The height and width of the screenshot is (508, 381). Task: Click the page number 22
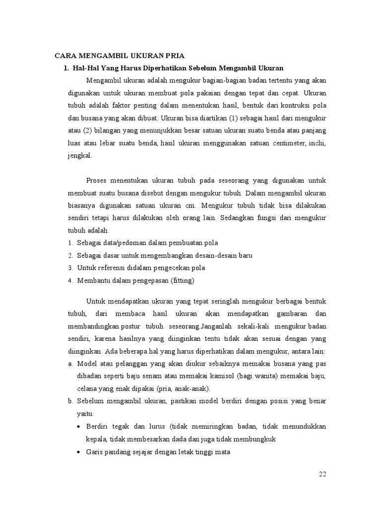click(322, 474)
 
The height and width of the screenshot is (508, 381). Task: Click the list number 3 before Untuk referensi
click(70, 268)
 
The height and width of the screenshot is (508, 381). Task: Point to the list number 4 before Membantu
click(70, 280)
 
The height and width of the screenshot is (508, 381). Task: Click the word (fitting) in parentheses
click(183, 280)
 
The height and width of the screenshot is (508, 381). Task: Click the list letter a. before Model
click(70, 364)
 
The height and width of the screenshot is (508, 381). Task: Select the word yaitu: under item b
click(86, 414)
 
